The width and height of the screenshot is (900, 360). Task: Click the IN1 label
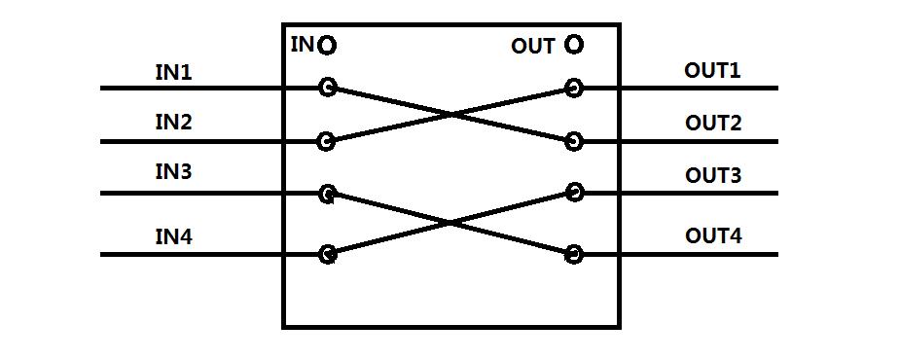173,72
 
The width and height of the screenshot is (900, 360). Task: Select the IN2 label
173,123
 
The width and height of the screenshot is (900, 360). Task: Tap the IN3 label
173,173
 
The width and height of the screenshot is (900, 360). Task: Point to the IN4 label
173,234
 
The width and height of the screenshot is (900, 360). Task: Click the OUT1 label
713,70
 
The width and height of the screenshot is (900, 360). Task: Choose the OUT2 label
713,123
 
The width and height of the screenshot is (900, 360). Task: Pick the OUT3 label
713,175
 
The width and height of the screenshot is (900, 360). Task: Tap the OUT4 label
713,235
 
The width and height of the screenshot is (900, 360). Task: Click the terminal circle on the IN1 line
328,89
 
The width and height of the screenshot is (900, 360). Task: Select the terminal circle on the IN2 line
327,142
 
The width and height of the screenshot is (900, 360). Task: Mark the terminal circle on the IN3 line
328,194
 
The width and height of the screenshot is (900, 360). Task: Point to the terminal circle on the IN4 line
328,255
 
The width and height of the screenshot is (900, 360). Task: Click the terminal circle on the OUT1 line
574,89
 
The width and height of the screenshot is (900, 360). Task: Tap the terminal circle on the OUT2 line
574,142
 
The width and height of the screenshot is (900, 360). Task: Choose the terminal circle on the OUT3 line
574,193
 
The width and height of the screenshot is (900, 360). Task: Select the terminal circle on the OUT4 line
574,255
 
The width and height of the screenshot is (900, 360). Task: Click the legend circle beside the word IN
327,45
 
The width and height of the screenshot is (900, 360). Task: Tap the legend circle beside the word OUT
574,44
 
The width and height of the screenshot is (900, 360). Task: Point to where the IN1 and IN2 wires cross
450,115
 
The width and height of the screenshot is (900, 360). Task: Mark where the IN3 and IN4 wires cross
450,224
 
